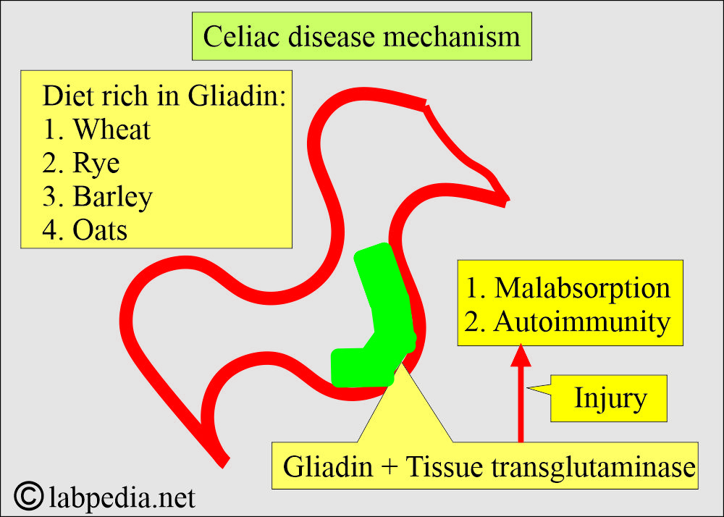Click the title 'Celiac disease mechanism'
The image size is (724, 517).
click(361, 36)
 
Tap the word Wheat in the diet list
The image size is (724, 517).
click(112, 130)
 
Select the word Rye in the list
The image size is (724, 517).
click(96, 163)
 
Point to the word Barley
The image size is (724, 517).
click(113, 197)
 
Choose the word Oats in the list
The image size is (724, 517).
click(100, 230)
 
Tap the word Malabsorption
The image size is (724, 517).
click(582, 288)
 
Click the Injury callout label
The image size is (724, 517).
click(610, 398)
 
